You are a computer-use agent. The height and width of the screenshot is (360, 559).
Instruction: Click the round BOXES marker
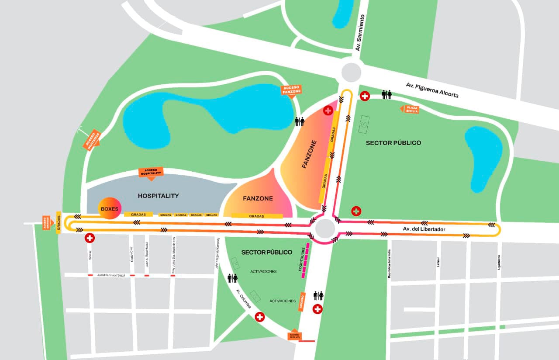point(109,209)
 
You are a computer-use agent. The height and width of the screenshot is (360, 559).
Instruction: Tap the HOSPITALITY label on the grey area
point(158,196)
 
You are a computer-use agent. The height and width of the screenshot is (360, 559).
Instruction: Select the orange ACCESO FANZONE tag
point(291,90)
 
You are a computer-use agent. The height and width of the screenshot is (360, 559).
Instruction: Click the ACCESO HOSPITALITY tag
point(151,172)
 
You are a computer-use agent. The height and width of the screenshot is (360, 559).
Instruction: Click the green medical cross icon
point(357,211)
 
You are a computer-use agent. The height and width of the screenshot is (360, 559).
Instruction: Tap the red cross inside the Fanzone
point(328,111)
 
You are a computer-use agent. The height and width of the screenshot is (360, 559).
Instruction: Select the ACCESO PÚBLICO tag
point(294,335)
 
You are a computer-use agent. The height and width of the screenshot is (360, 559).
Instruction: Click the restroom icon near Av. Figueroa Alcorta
point(387,95)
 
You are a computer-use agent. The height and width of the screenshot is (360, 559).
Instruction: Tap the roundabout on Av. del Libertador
point(325,228)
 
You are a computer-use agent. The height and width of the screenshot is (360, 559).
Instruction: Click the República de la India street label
point(387,264)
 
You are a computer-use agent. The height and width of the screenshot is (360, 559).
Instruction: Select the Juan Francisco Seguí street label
point(111,275)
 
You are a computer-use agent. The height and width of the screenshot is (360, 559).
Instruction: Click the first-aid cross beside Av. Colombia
point(260,317)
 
